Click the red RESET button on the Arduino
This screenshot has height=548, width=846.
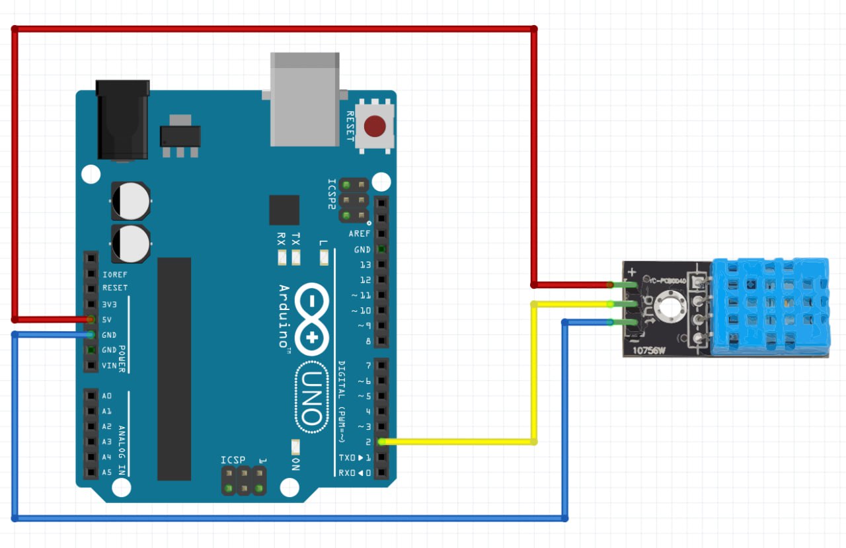click(375, 126)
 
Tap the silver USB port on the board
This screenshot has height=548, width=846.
click(305, 99)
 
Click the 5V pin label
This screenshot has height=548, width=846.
click(107, 319)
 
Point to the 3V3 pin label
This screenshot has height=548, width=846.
click(110, 304)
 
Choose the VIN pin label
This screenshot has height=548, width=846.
click(108, 366)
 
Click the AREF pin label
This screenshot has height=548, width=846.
click(360, 234)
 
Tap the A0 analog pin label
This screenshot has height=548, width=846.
click(107, 396)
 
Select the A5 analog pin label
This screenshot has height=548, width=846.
click(107, 473)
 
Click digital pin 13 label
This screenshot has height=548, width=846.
click(365, 264)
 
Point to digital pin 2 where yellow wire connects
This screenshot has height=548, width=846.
click(382, 442)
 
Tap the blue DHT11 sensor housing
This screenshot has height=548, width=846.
click(769, 305)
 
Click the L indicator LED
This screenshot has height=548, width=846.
click(324, 258)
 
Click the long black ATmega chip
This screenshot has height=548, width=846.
click(174, 368)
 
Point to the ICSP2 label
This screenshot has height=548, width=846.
click(332, 193)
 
